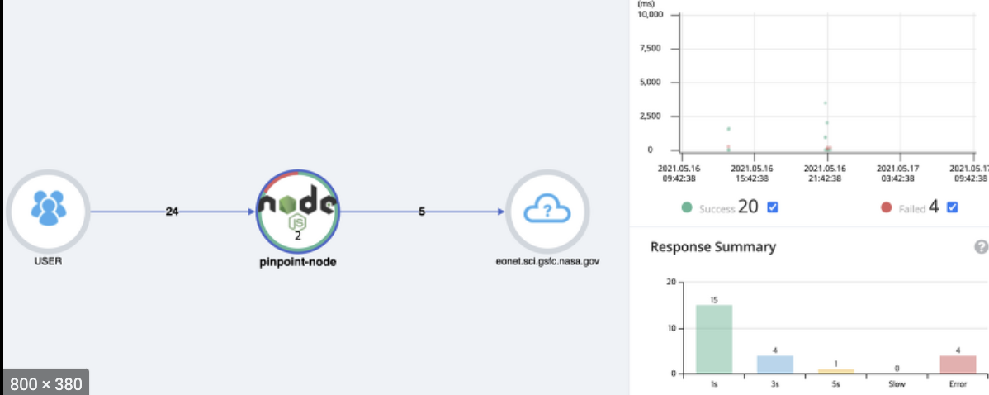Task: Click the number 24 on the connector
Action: [x=172, y=212]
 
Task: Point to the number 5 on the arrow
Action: [x=422, y=212]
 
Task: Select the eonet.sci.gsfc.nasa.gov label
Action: [x=547, y=261]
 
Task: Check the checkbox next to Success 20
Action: [x=773, y=207]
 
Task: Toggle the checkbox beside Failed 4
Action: [x=953, y=207]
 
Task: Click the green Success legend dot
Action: [x=687, y=208]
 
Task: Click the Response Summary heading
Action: [x=712, y=246]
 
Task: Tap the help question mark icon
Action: [x=981, y=246]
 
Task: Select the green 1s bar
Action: [x=713, y=339]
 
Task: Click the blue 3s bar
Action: [x=775, y=364]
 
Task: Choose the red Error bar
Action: [x=958, y=364]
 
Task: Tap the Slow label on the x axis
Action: [x=897, y=385]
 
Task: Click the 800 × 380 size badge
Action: [x=45, y=383]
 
